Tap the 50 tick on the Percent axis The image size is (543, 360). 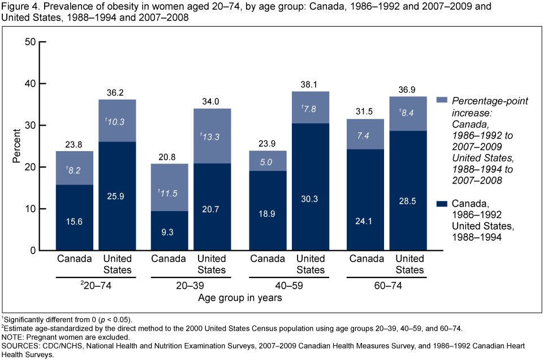click(x=30, y=42)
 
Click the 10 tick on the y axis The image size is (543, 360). click(x=30, y=209)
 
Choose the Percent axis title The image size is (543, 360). click(x=16, y=146)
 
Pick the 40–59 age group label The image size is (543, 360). click(x=288, y=286)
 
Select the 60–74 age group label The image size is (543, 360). click(x=388, y=286)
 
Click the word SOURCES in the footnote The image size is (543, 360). click(x=18, y=345)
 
